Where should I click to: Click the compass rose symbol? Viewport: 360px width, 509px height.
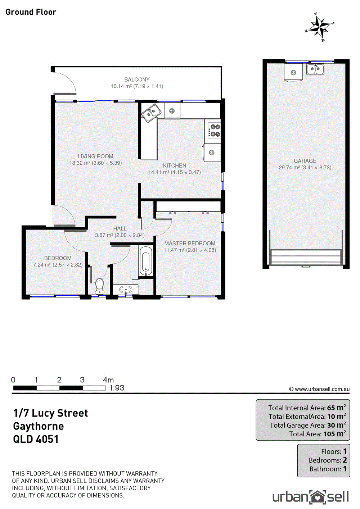[x=320, y=27]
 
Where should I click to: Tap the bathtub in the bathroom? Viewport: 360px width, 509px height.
[x=146, y=261]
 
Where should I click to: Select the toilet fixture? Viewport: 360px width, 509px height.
[x=100, y=286]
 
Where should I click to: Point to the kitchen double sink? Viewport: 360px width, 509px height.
[x=151, y=113]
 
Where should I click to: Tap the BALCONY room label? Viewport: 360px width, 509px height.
[x=137, y=79]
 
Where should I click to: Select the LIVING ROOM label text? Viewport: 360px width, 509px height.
[x=95, y=156]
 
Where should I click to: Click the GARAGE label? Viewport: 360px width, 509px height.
[x=305, y=161]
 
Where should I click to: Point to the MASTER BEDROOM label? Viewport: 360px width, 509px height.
[x=190, y=244]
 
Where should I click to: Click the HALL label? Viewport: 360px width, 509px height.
[x=120, y=228]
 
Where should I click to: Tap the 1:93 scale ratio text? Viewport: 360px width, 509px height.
[x=117, y=388]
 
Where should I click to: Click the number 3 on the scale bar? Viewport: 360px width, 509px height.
[x=82, y=380]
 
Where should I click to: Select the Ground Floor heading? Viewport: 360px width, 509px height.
[x=31, y=12]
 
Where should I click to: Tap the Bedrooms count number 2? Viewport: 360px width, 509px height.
[x=345, y=460]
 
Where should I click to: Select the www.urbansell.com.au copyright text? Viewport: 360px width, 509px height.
[x=319, y=389]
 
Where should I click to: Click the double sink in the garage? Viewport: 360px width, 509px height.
[x=315, y=69]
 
